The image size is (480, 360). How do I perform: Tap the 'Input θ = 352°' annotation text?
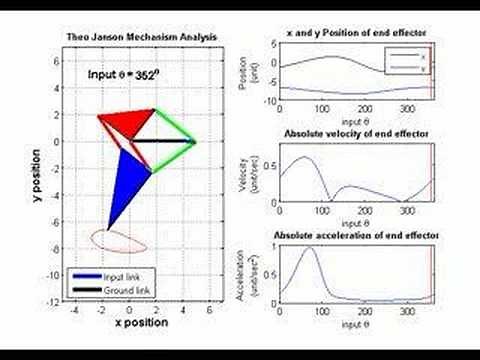point(123,74)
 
